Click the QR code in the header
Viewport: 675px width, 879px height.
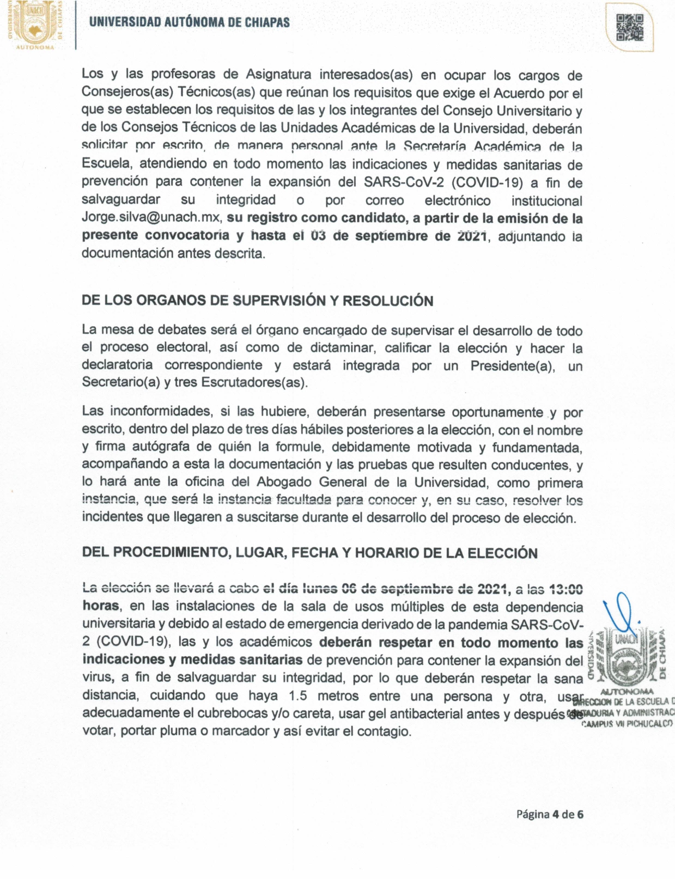click(x=629, y=28)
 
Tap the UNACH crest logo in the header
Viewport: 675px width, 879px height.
click(x=34, y=25)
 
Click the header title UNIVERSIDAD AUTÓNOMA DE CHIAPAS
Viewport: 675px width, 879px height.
click(x=189, y=22)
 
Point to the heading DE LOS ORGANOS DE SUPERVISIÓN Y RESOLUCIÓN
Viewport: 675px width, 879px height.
click(x=257, y=301)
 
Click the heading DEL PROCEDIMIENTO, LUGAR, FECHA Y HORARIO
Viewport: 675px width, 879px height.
click(x=309, y=553)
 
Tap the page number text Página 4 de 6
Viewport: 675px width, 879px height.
click(x=550, y=815)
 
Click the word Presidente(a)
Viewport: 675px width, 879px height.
click(x=513, y=366)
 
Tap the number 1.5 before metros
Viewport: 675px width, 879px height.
click(x=299, y=696)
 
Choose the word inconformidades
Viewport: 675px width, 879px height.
click(x=162, y=411)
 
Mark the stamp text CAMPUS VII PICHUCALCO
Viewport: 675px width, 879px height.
click(x=627, y=724)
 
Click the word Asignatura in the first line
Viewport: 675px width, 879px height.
click(x=278, y=74)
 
